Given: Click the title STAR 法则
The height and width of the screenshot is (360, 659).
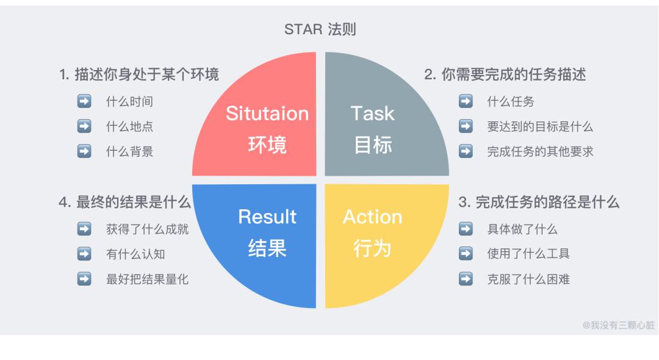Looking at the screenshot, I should point(320,29).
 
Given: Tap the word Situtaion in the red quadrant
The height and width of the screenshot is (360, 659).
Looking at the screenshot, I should point(267,113).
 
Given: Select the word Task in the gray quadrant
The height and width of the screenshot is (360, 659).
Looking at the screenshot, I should point(372,113).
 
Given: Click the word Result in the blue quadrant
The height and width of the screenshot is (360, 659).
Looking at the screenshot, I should point(267,217).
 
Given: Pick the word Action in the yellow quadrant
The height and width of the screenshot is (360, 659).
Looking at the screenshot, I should point(372,217).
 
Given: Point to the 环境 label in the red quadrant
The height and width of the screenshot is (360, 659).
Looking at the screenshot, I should point(267,145).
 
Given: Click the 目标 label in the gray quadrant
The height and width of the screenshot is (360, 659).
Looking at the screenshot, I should point(373,145).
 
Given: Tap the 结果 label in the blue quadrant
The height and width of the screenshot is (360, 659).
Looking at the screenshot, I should point(267,248).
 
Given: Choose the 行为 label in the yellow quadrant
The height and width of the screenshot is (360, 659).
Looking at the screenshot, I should point(372,248).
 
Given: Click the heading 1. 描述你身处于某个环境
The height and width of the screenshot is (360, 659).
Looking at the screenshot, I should point(139,74).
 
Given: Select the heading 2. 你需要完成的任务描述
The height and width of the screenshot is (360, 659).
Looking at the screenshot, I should point(505,74).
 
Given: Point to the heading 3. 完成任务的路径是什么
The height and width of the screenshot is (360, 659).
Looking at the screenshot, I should point(539,203).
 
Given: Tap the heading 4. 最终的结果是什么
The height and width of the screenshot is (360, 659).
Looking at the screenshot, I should point(125,203).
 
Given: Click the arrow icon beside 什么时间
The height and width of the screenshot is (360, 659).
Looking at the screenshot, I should point(84,102).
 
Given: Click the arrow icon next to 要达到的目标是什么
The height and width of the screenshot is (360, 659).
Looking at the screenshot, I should point(466,127).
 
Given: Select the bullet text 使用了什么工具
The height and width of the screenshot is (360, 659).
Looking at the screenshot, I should point(520,254).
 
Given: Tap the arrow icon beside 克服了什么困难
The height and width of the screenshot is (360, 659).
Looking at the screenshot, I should point(466,279).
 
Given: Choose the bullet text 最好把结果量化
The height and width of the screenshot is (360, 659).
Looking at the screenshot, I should point(147,279).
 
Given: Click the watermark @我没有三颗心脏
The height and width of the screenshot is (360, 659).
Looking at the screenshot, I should point(618,325).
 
